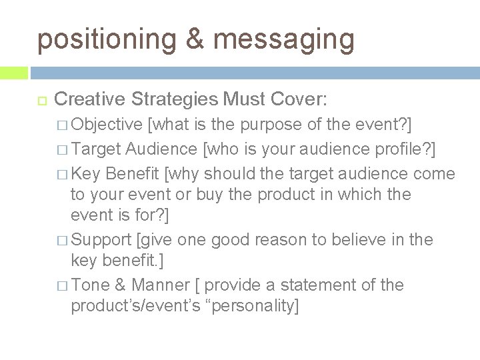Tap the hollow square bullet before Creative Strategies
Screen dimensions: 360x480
tap(39, 101)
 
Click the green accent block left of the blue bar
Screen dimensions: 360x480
tap(14, 71)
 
